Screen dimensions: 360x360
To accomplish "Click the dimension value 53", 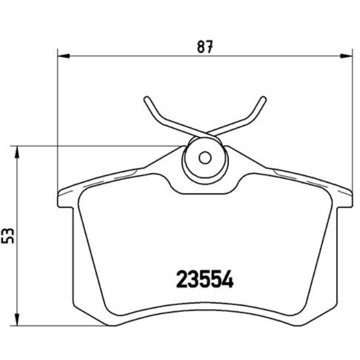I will pos(8,235).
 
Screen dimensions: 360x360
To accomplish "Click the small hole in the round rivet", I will pos(205,158).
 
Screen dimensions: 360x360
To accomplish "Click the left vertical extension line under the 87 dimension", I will pos(58,122).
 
